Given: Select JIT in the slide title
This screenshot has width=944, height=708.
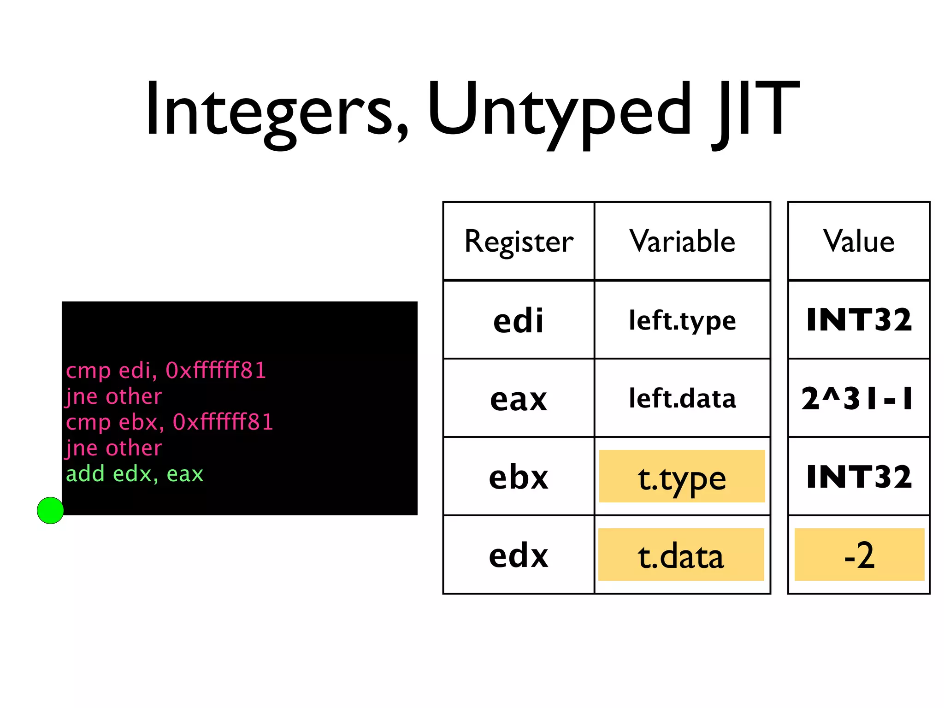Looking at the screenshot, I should tap(756, 111).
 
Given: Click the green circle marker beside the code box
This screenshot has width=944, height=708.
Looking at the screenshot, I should tap(50, 510).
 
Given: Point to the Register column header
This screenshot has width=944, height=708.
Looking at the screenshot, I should tap(519, 241).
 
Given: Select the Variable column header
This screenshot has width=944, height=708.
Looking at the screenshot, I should tap(682, 241).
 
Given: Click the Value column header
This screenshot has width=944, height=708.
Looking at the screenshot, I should tap(859, 241).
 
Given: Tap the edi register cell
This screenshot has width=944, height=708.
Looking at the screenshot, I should tap(519, 320).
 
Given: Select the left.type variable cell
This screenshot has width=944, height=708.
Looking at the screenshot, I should tap(682, 320).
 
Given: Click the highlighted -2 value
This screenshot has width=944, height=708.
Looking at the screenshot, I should tap(859, 555).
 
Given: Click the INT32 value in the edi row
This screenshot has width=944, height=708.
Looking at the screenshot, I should tap(859, 320).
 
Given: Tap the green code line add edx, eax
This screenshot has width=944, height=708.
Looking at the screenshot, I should tap(135, 474).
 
